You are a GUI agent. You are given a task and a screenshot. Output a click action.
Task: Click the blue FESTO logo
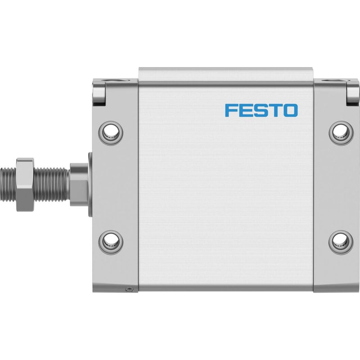pos(261,110)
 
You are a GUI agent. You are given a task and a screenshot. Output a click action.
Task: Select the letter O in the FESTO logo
pos(290,110)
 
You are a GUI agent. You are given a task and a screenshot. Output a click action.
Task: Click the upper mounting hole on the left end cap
pos(111,133)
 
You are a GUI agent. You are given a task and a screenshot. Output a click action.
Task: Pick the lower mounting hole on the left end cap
pos(111,243)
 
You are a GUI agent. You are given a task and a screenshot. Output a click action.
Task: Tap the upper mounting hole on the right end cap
pos(341,133)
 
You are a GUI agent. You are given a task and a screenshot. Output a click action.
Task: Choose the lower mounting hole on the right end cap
pos(341,243)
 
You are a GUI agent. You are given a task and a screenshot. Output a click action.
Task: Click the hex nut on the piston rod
pos(25,184)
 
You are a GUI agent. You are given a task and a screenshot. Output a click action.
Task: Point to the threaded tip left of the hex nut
pos(8,184)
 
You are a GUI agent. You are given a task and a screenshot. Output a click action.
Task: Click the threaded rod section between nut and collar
pos(52,184)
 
